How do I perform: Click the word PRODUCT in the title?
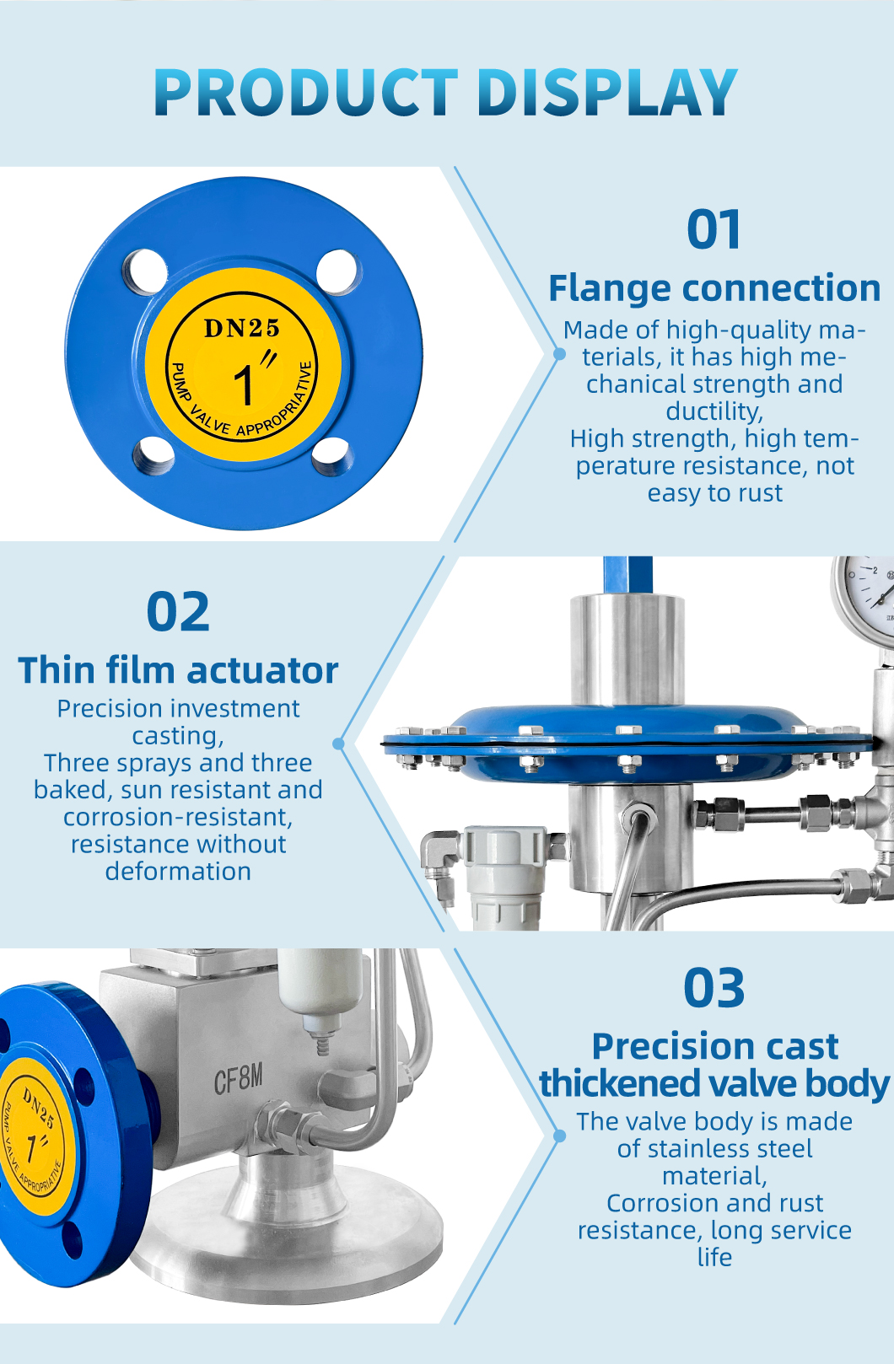(306, 92)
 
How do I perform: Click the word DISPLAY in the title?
(607, 92)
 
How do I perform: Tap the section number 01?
(714, 229)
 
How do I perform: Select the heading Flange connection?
(714, 288)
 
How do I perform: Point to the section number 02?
(178, 611)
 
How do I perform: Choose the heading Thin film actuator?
(178, 670)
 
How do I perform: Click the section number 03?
(714, 988)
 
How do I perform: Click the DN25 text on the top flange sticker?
(242, 328)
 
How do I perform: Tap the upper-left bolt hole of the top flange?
(145, 272)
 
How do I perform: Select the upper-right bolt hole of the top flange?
(338, 272)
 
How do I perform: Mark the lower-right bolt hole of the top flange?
(333, 455)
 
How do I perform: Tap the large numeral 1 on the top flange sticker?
(245, 385)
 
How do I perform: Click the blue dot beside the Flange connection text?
(559, 353)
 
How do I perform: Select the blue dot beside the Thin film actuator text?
(339, 744)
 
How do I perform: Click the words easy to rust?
(715, 492)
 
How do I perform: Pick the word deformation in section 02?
(178, 872)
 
